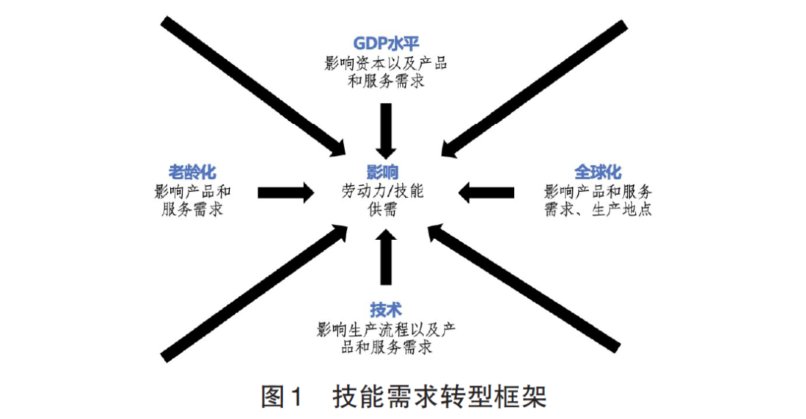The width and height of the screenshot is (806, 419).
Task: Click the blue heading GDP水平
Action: point(386,44)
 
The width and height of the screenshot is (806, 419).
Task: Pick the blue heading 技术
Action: point(386,308)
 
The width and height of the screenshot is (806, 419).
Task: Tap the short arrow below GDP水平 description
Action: point(386,127)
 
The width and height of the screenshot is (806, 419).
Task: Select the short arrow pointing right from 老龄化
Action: point(286,192)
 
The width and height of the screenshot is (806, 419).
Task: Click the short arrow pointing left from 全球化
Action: point(487,192)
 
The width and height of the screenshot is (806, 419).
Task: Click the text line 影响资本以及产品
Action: point(386,63)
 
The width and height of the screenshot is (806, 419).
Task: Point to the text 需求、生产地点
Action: point(598,210)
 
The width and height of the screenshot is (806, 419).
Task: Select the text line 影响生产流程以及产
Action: point(386,329)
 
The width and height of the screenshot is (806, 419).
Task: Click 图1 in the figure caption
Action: point(284,396)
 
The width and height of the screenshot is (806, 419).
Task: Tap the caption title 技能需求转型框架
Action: point(440,396)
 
